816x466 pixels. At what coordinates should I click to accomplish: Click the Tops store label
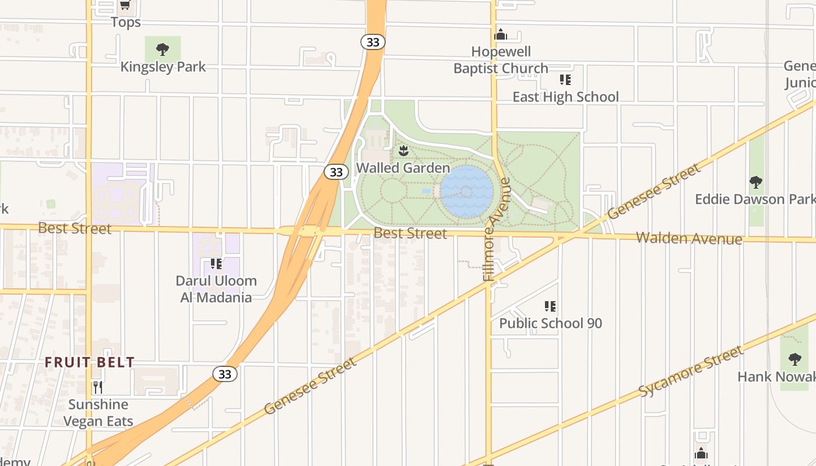click(126, 22)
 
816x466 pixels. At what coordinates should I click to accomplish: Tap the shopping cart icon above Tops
click(125, 5)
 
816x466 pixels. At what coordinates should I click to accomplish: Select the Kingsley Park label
click(163, 67)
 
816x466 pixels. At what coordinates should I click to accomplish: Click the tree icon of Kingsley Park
click(163, 50)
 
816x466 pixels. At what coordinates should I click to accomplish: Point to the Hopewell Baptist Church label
click(501, 60)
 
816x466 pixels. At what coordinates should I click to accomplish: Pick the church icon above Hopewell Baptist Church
click(501, 35)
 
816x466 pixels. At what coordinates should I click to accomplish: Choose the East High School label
click(565, 97)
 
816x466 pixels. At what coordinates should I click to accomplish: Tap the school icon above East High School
click(565, 80)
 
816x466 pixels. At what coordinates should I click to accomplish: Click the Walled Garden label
click(403, 168)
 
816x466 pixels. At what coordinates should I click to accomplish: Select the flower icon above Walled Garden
click(403, 151)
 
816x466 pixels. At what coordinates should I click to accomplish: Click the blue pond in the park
click(466, 191)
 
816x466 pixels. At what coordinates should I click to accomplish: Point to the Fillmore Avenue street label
click(497, 230)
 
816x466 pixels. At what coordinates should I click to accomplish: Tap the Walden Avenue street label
click(689, 238)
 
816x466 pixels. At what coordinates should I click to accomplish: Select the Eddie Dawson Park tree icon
click(756, 182)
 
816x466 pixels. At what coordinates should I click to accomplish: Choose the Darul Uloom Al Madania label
click(216, 289)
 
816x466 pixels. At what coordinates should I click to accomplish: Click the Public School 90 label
click(550, 323)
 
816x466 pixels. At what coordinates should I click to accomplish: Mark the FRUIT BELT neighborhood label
click(90, 362)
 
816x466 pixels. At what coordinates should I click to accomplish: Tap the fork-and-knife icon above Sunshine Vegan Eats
click(98, 387)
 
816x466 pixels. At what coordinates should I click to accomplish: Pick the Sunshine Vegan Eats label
click(98, 412)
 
